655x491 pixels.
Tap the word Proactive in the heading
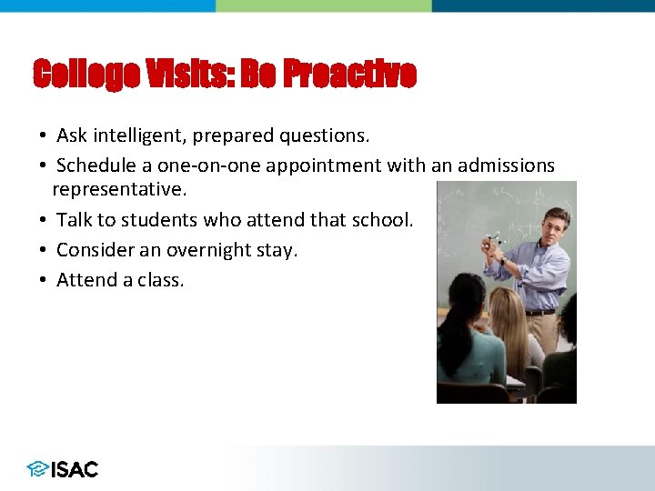pos(349,74)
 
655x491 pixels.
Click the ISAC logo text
pos(75,469)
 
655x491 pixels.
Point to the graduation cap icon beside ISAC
pos(37,469)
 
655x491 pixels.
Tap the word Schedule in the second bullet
pos(93,165)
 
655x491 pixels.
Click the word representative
pos(118,190)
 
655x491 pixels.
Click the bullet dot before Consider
pos(43,250)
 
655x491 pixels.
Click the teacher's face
pos(554,226)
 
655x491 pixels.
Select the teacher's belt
pos(540,312)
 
